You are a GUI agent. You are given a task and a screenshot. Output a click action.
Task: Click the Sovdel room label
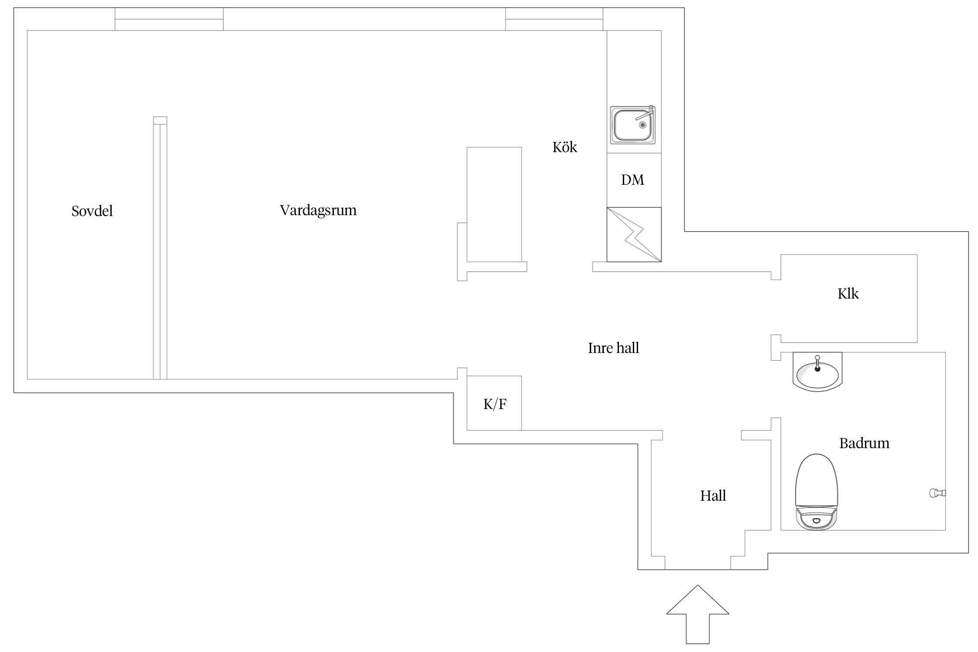[x=92, y=211]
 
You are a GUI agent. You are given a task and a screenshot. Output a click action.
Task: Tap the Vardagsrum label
[x=318, y=211]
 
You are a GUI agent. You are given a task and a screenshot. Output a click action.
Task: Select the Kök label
[x=565, y=147]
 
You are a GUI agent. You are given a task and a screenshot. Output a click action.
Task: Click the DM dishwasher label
[x=632, y=180]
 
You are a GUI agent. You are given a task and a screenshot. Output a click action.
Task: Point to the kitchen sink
[x=632, y=125]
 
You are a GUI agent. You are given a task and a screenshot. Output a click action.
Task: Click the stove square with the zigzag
[x=634, y=235]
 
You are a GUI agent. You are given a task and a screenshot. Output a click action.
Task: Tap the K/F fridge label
[x=495, y=405]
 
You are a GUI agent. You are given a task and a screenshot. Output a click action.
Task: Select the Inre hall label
[x=613, y=348]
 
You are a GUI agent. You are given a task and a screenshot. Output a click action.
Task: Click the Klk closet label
[x=848, y=294]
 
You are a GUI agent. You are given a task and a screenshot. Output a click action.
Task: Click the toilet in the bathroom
[x=816, y=492]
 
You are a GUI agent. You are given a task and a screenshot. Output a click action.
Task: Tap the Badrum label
[x=864, y=443]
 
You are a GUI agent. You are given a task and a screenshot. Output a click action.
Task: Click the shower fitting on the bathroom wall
[x=937, y=493]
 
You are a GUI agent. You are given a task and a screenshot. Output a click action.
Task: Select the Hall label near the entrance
[x=713, y=496]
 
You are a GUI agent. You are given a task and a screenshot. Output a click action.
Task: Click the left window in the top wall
[x=169, y=19]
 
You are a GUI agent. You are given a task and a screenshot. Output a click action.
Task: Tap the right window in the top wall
[x=554, y=19]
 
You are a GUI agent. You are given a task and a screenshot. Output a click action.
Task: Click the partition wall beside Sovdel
[x=160, y=248]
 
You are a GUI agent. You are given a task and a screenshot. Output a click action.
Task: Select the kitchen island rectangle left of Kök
[x=494, y=205]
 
